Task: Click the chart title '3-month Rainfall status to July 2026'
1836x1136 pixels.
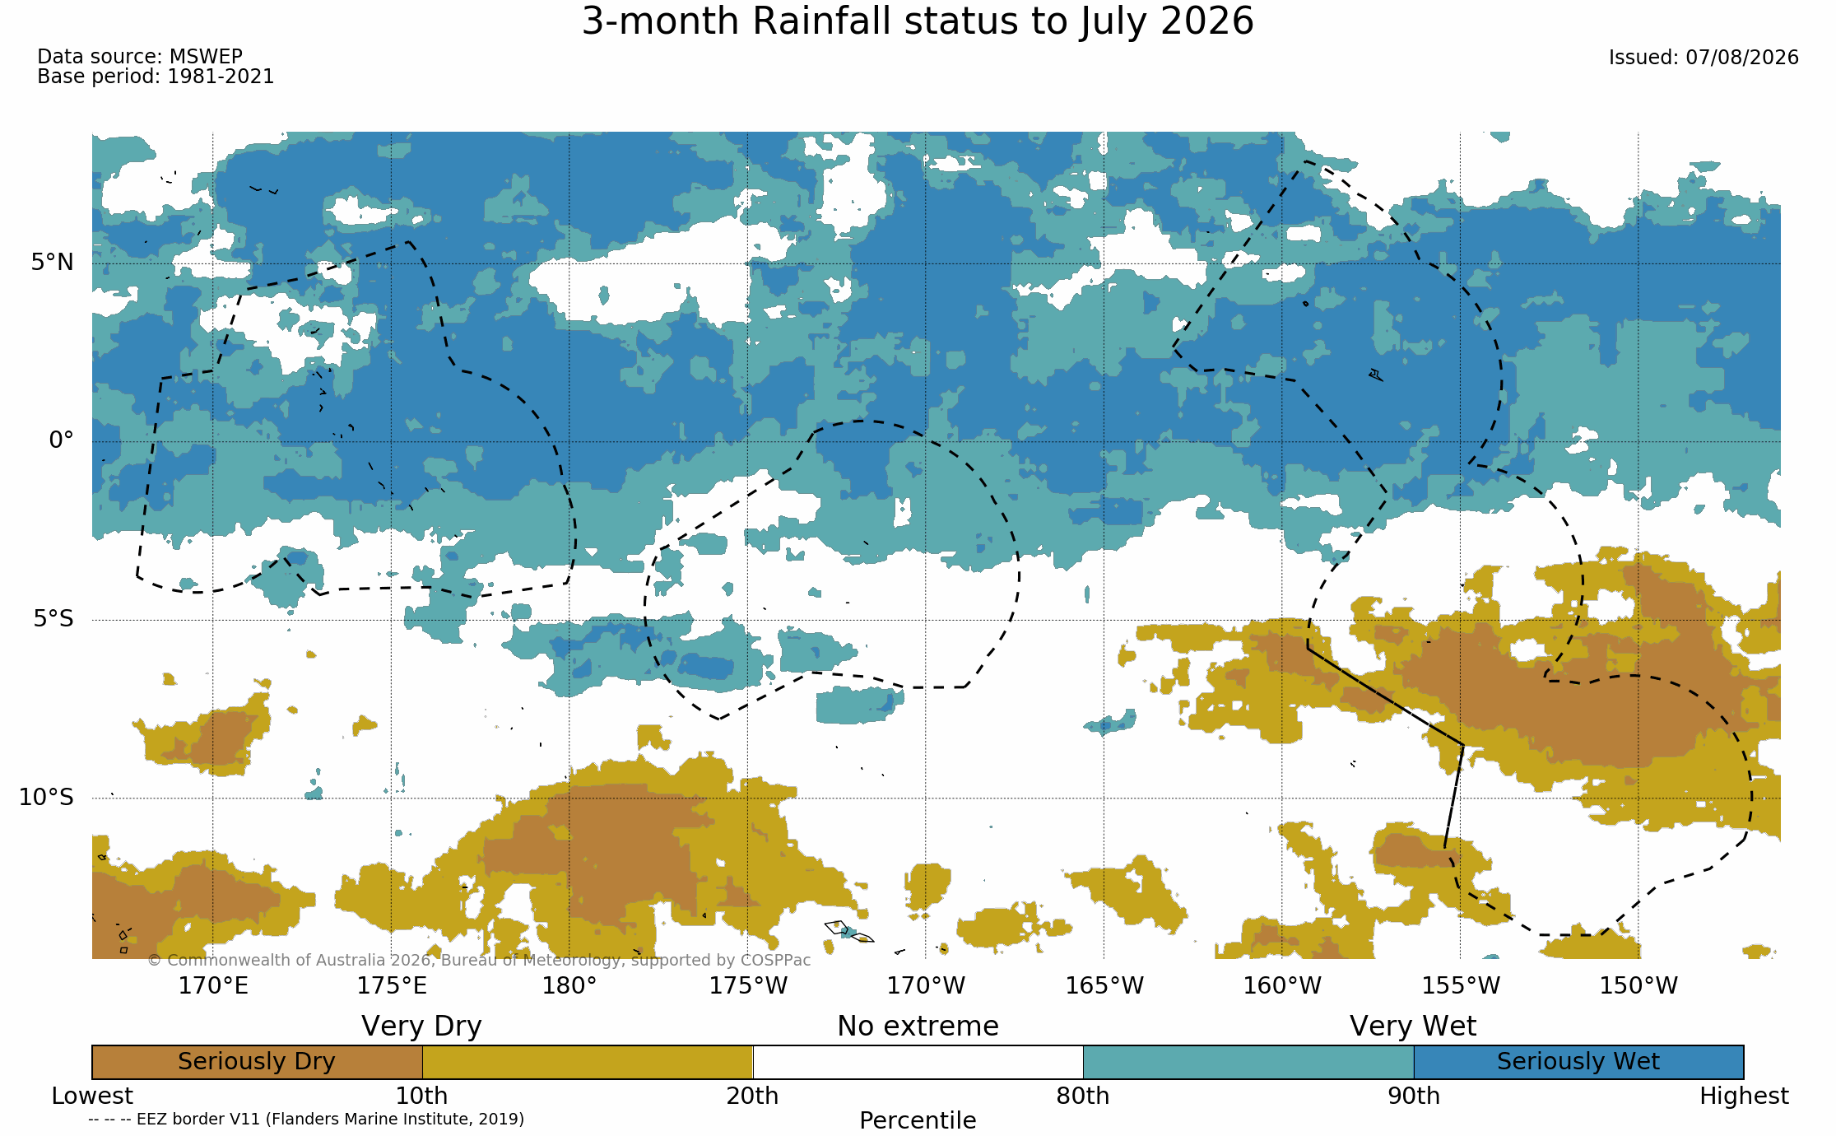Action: pos(918,21)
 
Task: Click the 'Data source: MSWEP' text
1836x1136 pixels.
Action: pos(140,57)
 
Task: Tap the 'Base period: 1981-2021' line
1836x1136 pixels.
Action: pos(156,77)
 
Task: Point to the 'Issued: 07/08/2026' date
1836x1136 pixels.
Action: pos(1704,58)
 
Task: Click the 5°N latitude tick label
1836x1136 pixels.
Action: pos(53,263)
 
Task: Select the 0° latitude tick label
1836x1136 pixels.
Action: pos(62,440)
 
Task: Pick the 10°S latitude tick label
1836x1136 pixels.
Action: pos(47,797)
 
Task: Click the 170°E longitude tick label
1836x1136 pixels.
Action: pos(213,985)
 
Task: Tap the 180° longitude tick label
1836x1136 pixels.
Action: pos(569,985)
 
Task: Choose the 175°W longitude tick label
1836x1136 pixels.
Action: pos(748,985)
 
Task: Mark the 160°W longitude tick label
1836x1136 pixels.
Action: pos(1282,985)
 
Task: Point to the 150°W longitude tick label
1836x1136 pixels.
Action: pos(1638,985)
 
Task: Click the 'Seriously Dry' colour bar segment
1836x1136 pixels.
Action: pos(257,1062)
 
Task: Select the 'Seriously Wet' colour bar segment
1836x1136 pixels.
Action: pos(1578,1062)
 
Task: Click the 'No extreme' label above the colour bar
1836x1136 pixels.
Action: pos(918,1027)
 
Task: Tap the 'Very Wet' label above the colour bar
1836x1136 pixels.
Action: pos(1413,1027)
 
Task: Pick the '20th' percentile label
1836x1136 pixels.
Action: pos(752,1096)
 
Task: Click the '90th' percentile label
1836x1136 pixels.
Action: pos(1414,1096)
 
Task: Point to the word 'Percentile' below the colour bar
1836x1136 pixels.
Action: pos(918,1120)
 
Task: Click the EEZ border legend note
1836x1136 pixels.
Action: pos(306,1120)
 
